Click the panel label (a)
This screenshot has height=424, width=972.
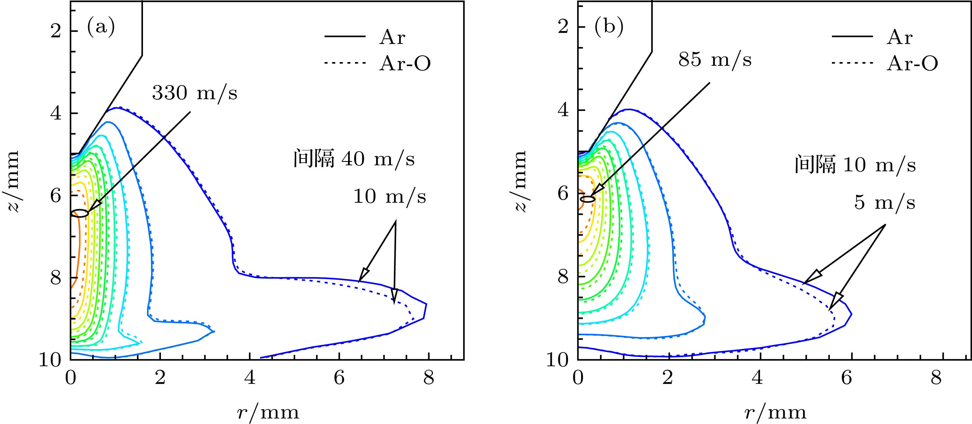(x=101, y=28)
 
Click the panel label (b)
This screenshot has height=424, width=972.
(x=609, y=28)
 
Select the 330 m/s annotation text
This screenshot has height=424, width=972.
(x=195, y=93)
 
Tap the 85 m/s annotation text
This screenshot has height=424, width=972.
(x=715, y=60)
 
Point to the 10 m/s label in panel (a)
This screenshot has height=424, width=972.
(x=389, y=196)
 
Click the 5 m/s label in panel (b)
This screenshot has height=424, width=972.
(x=885, y=202)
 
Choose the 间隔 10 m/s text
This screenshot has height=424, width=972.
(x=855, y=165)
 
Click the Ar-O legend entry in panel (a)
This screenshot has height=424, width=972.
(x=404, y=64)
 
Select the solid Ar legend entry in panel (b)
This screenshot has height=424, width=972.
(x=900, y=37)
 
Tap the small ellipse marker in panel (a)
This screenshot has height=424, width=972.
(x=80, y=213)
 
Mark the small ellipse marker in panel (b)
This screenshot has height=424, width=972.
(x=588, y=199)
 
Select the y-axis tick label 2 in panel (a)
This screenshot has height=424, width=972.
(x=56, y=31)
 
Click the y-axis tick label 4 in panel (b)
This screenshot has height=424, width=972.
(x=563, y=110)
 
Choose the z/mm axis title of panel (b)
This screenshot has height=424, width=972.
(x=521, y=181)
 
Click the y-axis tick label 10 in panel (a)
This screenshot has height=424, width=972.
(x=50, y=360)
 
